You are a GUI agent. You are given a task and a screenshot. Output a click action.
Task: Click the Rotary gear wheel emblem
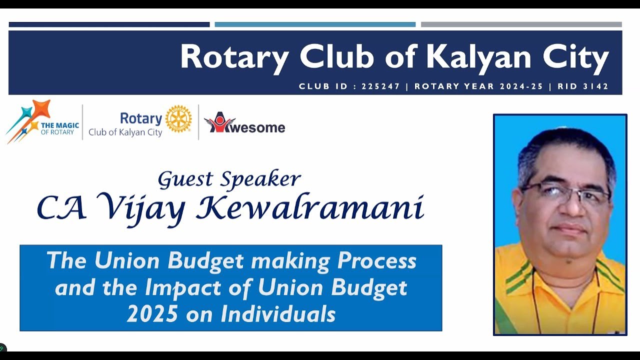coord(178,119)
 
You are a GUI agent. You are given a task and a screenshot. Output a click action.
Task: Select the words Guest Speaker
coord(229,179)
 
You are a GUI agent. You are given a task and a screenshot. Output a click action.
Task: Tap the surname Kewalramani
coord(310,207)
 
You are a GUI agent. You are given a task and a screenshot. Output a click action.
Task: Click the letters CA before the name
coord(60,207)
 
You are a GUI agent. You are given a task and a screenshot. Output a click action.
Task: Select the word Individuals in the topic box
coord(277,314)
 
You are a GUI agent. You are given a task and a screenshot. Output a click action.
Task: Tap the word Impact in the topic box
coord(182,287)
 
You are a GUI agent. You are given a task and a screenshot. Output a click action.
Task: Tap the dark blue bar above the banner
coord(109,24)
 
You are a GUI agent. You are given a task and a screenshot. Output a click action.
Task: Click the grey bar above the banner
coord(521,24)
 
